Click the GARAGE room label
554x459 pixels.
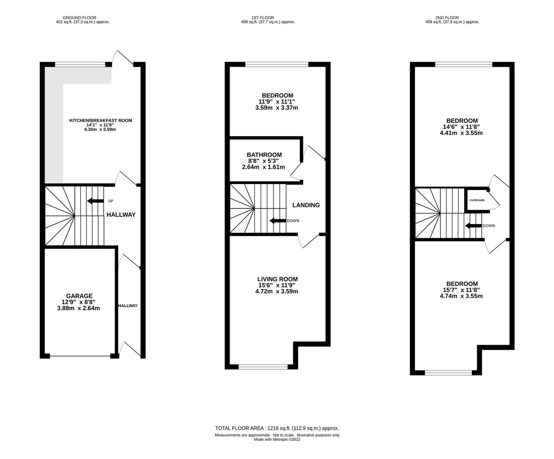pos(79,296)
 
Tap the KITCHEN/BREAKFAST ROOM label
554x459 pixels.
pos(100,120)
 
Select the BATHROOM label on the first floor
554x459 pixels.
pos(264,155)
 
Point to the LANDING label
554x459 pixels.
pos(306,205)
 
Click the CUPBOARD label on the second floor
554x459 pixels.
pos(477,200)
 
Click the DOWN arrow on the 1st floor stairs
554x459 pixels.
pos(278,221)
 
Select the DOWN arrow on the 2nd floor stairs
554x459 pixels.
pos(473,226)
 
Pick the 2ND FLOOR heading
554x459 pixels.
pos(447,18)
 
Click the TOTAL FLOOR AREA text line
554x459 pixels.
pos(277,428)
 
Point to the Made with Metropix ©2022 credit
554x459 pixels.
pos(277,439)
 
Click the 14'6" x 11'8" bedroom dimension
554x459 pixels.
pos(462,127)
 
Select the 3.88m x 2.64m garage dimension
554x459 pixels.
pos(78,308)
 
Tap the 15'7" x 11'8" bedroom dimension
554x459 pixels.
pos(462,290)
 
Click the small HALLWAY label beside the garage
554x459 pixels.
pos(128,306)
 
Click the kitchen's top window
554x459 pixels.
pos(80,64)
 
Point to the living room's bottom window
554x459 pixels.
pos(263,366)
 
